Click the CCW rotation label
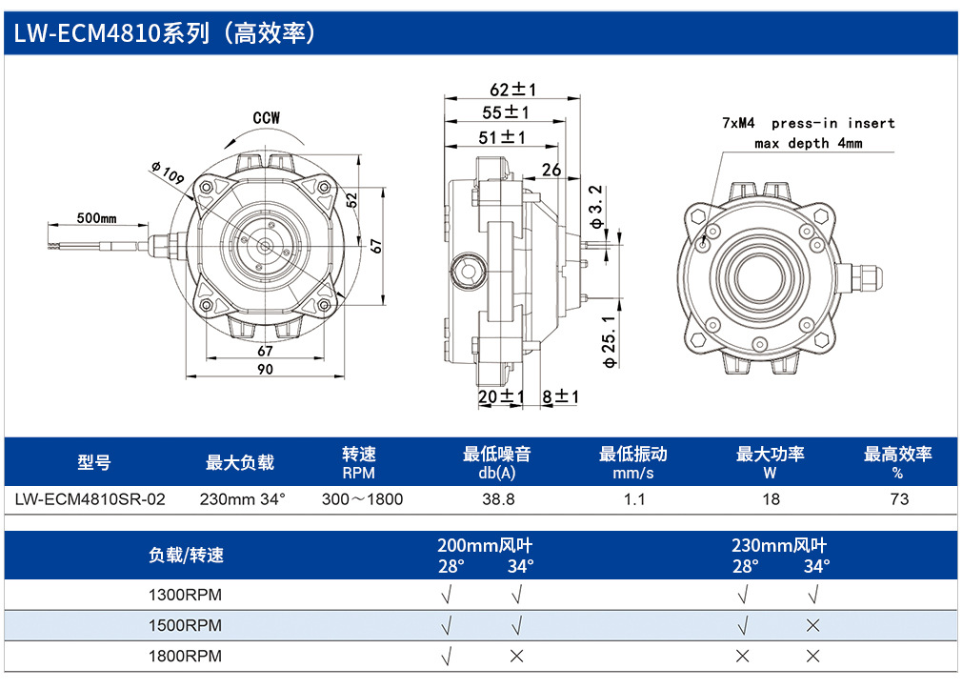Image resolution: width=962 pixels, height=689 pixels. point(267,118)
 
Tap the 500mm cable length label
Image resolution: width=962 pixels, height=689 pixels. point(96,218)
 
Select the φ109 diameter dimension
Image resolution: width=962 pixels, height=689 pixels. point(168,172)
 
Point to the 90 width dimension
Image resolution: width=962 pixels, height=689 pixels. point(265,369)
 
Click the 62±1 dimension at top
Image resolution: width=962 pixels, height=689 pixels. point(512,90)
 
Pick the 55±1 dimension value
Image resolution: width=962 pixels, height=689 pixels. point(506,112)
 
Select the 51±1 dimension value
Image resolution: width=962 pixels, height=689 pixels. point(502,137)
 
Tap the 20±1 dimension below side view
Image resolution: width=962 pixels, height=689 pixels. point(501,396)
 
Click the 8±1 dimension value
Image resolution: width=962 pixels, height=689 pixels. point(560,396)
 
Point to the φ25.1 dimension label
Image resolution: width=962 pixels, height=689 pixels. point(609,342)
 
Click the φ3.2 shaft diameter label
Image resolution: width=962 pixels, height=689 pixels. point(595,207)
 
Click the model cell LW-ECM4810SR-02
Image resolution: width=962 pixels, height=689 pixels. point(90,499)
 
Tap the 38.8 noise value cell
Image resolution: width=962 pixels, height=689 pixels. point(498,499)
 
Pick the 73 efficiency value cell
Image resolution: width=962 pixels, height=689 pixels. point(899,499)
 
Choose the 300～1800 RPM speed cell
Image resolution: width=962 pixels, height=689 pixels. point(363,499)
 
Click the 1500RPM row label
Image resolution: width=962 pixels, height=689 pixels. point(185,625)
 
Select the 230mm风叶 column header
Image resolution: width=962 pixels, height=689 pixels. point(779,545)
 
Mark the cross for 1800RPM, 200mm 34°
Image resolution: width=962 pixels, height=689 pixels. point(516,657)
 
